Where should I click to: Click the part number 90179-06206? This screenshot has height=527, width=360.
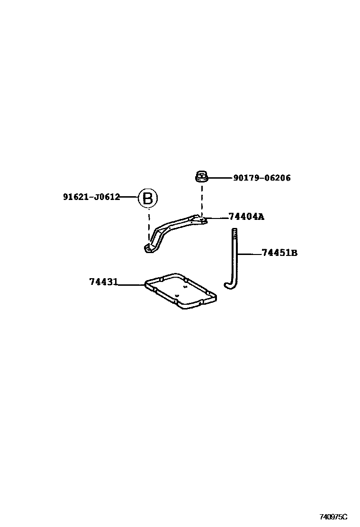tap(261, 178)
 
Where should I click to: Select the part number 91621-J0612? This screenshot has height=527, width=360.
tap(91, 197)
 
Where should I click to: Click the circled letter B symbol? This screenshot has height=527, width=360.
tap(147, 198)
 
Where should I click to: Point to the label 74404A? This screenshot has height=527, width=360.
tap(246, 217)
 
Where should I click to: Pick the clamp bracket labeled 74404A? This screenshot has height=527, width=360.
tap(175, 227)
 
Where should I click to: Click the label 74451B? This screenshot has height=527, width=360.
tap(279, 253)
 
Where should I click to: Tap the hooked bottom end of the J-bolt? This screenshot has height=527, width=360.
tap(229, 284)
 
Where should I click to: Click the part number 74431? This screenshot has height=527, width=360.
tap(103, 282)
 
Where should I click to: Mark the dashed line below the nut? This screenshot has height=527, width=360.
tap(202, 199)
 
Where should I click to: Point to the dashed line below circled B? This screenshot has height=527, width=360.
tap(148, 225)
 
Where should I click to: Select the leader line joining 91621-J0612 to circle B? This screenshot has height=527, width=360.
tap(129, 197)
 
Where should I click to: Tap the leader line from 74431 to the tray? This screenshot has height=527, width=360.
tap(131, 285)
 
